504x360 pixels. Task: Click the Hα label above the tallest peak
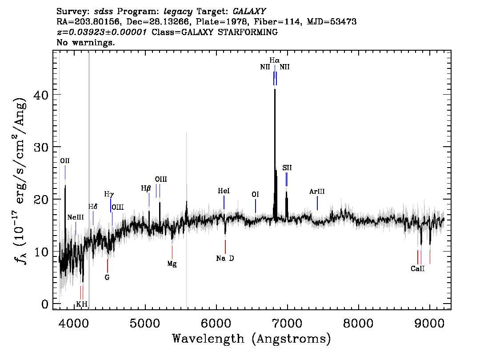click(x=275, y=60)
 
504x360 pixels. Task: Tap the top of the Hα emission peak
click(x=275, y=89)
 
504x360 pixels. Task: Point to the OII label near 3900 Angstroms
click(x=65, y=161)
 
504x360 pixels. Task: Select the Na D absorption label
click(x=225, y=258)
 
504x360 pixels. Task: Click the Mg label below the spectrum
click(x=172, y=264)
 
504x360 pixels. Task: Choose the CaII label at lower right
click(x=417, y=269)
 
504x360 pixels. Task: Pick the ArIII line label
click(x=317, y=192)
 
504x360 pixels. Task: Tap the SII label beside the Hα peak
click(x=287, y=168)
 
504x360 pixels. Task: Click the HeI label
click(x=224, y=191)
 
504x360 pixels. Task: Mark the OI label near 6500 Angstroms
click(x=255, y=195)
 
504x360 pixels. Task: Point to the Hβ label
click(x=146, y=188)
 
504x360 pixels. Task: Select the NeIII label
click(x=76, y=217)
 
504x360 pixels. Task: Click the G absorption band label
click(x=107, y=277)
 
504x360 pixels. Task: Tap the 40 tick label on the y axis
click(x=41, y=95)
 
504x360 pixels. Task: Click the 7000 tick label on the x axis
click(x=287, y=323)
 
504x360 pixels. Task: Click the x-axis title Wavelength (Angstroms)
click(x=252, y=339)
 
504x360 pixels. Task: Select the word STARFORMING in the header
click(x=248, y=32)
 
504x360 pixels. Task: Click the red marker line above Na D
click(x=225, y=247)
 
